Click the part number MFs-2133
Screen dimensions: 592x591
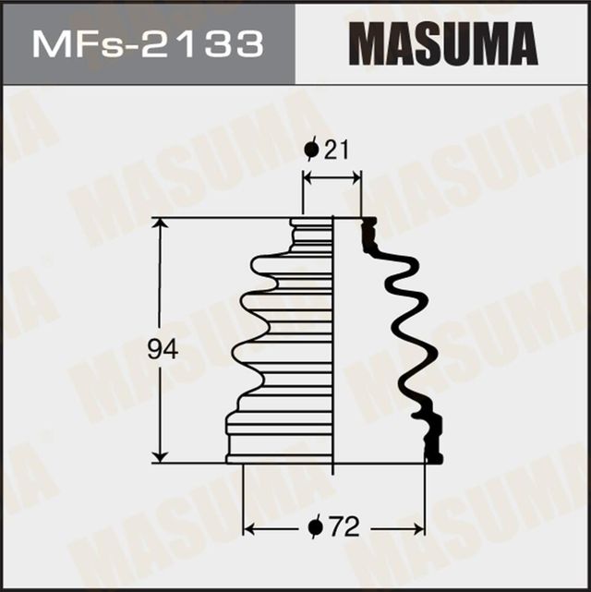tap(147, 43)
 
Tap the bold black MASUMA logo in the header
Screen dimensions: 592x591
tap(443, 43)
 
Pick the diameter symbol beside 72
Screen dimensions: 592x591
tap(314, 527)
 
